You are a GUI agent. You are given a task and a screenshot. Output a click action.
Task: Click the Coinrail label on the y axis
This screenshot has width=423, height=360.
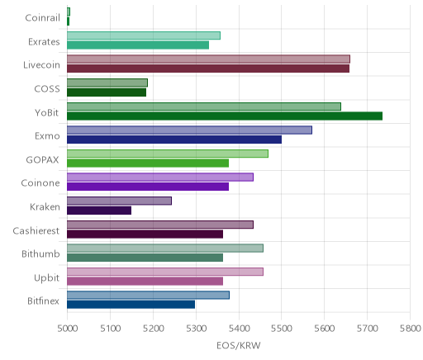pos(42,18)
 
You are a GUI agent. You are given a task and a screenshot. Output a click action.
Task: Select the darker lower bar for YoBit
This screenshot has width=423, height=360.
pos(225,116)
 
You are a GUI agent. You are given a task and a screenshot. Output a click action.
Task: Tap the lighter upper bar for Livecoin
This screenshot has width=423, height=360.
pos(208,59)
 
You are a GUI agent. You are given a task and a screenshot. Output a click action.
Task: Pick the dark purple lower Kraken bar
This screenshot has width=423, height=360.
pos(99,211)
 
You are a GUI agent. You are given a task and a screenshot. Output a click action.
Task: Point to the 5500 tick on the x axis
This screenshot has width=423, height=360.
pos(281,329)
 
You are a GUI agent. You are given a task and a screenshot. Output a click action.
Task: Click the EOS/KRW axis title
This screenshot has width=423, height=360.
pos(239,345)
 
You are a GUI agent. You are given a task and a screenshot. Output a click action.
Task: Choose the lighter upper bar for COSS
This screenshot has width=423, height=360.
pos(107,83)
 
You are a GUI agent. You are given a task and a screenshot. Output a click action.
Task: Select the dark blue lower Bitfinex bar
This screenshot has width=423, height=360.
pos(131,305)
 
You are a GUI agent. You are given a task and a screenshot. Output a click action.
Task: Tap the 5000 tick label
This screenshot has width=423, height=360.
pos(67,329)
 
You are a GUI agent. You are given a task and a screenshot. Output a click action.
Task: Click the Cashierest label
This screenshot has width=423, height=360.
pos(36,230)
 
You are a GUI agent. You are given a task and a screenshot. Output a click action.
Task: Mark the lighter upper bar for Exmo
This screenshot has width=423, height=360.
pos(189,130)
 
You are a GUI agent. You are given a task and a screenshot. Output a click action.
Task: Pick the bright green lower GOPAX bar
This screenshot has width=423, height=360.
pos(148,163)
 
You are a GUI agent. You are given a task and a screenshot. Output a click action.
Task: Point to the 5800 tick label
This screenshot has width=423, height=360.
pos(410,329)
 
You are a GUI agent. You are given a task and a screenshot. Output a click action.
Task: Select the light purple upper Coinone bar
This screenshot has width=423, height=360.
pos(160,178)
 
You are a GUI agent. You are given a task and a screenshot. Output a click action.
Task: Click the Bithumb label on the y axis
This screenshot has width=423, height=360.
pos(40,253)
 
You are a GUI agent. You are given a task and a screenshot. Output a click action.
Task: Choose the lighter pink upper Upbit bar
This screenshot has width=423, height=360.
pos(165,272)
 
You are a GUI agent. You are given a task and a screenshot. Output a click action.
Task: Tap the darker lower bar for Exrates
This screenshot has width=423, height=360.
pos(138,45)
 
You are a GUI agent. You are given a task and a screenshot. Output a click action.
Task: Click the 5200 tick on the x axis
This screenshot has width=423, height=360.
pos(153,329)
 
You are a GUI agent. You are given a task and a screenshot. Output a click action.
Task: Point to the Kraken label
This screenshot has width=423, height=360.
pos(45,206)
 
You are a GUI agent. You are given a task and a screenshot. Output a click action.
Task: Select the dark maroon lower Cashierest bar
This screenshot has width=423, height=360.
pos(145,234)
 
